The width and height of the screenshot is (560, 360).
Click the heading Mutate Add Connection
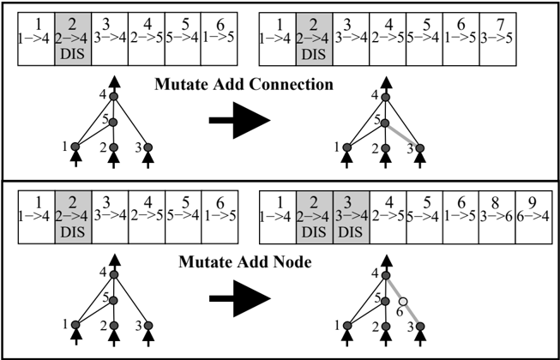tap(244, 85)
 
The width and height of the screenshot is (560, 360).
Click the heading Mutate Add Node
tap(245, 262)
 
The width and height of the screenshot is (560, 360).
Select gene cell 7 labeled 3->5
tap(498, 39)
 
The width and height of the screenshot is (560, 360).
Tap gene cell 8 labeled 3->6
tap(497, 217)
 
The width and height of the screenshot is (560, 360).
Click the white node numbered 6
tap(403, 302)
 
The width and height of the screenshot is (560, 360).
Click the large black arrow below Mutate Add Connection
tap(239, 120)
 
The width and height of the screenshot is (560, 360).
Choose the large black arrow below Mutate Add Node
tap(240, 298)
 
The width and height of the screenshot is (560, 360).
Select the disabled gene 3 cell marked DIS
tap(351, 217)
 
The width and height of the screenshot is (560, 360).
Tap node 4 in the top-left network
tap(113, 97)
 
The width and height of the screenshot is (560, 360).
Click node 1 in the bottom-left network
tap(75, 325)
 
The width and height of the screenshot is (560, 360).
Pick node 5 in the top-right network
tap(385, 123)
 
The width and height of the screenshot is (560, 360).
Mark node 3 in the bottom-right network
tap(420, 326)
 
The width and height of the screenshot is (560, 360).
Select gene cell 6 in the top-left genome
tap(219, 39)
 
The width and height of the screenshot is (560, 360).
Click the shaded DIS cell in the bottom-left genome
tap(73, 217)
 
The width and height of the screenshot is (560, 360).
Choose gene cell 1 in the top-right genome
tap(278, 39)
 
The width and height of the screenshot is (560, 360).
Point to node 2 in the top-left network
tap(113, 147)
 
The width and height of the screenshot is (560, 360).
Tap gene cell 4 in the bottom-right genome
tap(388, 217)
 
